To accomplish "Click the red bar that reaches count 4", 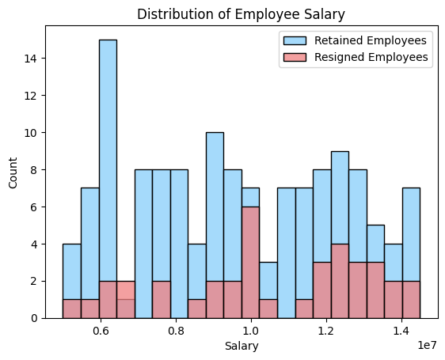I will (x=340, y=281).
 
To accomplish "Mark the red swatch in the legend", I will (x=293, y=57).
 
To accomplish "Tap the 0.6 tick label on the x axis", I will (x=101, y=332).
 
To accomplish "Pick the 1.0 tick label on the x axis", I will (x=251, y=332).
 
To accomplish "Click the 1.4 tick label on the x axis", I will (x=401, y=332).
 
